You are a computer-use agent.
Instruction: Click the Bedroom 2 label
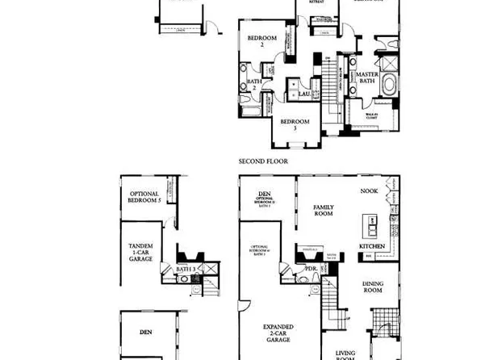click(262, 42)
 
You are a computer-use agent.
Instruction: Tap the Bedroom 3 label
click(295, 124)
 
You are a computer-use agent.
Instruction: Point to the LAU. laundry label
click(304, 94)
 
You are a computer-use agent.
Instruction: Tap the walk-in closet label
click(372, 116)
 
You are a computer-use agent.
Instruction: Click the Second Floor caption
click(262, 161)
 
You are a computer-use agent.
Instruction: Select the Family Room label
click(324, 211)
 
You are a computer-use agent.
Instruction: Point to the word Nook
click(369, 191)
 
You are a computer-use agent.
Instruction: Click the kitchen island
click(372, 224)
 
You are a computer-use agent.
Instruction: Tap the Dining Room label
click(372, 287)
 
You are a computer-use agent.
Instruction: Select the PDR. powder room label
click(311, 270)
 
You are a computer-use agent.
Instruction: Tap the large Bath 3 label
click(185, 269)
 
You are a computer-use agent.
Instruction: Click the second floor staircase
click(328, 89)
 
